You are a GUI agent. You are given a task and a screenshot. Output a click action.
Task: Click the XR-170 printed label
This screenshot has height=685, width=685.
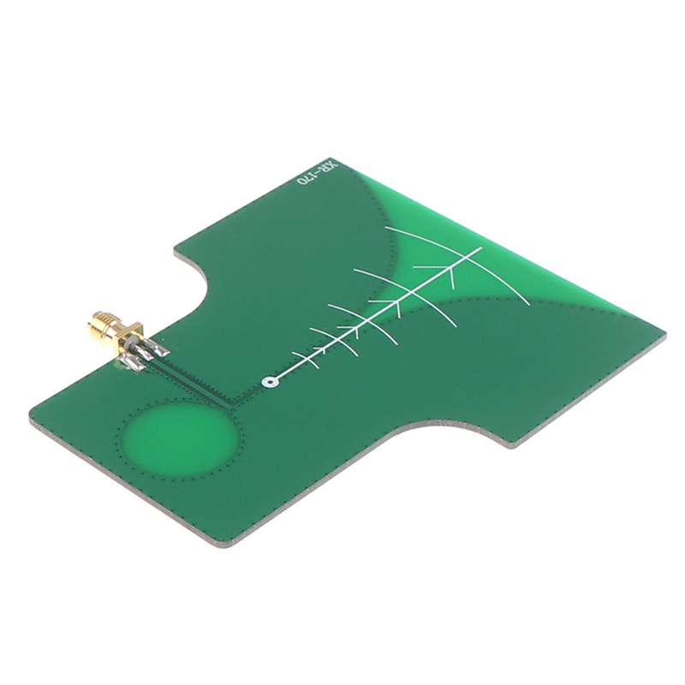tap(318, 175)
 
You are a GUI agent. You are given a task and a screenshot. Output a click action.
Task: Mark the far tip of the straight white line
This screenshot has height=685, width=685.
tap(481, 247)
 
